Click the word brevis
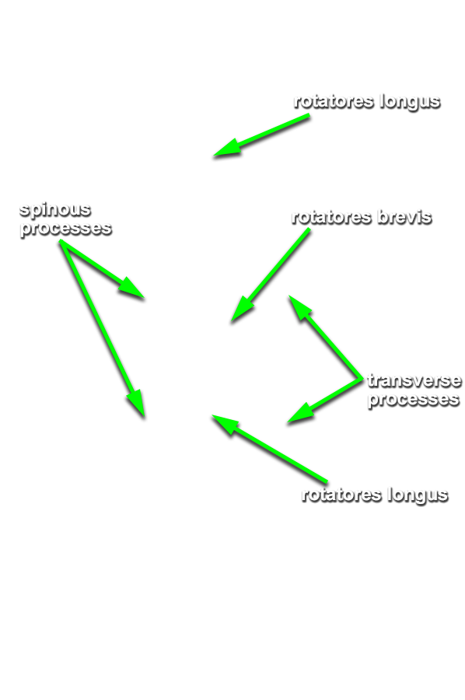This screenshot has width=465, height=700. click(404, 217)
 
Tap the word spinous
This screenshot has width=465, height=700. click(55, 209)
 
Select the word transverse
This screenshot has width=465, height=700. click(414, 381)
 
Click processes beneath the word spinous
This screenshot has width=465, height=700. click(65, 229)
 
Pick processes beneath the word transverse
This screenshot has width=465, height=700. click(413, 399)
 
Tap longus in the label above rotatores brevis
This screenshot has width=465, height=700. click(410, 102)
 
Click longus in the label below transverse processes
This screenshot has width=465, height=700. click(418, 495)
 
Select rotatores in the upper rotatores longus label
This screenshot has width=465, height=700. click(334, 102)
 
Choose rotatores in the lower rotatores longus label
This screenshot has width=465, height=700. click(342, 495)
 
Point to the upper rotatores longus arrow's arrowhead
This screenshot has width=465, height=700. click(226, 149)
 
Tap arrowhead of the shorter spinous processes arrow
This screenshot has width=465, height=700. click(131, 288)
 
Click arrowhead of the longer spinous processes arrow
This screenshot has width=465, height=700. click(137, 404)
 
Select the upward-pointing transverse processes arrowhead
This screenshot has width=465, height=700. click(299, 306)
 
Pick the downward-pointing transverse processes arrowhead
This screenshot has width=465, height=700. click(300, 414)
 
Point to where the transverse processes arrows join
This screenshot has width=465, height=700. click(361, 379)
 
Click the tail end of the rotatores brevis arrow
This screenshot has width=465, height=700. click(309, 229)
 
